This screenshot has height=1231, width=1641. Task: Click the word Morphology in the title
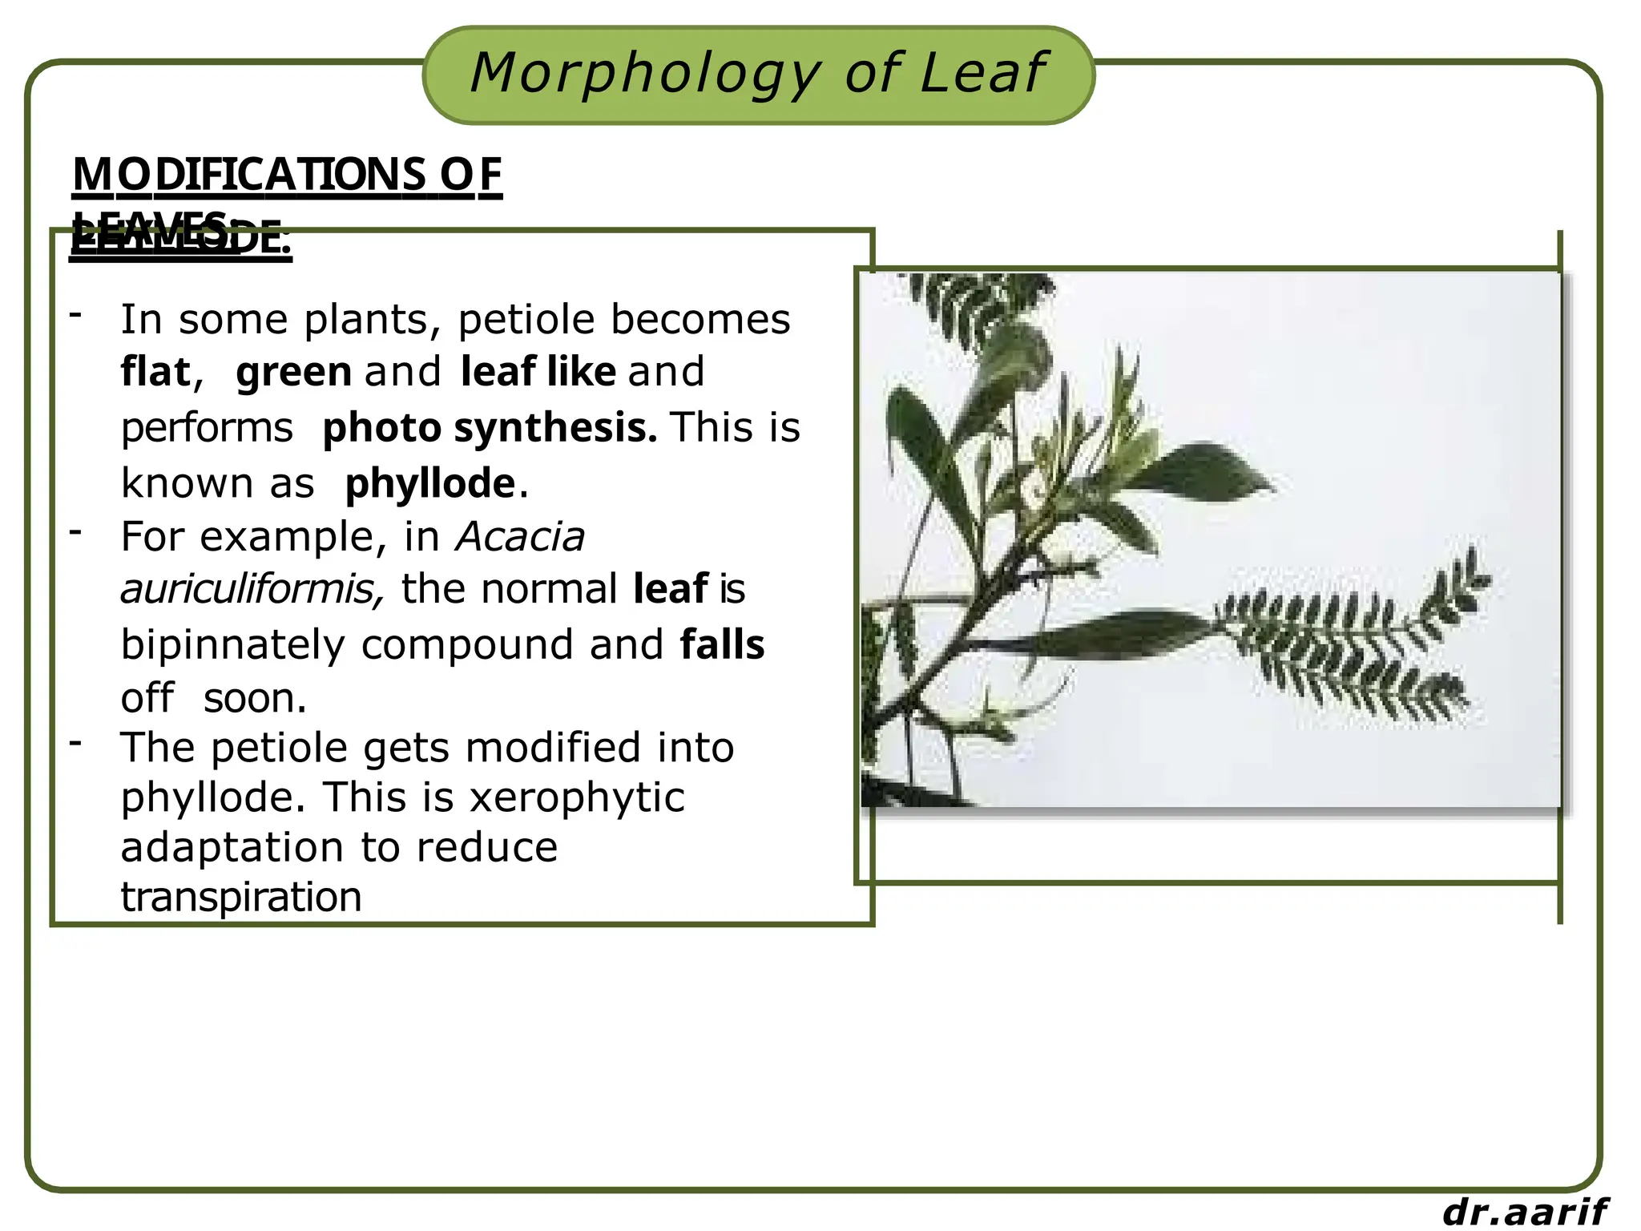[645, 74]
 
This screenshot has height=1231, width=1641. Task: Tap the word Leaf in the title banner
[983, 74]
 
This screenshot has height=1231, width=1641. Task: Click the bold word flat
[156, 372]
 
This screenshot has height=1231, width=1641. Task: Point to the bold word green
[294, 373]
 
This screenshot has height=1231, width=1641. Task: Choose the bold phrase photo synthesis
[490, 427]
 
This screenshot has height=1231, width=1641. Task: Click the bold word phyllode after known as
[430, 483]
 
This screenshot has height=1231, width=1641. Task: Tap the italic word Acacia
[520, 536]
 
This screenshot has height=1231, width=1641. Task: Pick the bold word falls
[722, 644]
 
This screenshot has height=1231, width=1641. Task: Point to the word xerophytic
[577, 797]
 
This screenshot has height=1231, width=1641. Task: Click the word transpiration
[241, 897]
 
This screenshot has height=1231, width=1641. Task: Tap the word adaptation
[233, 848]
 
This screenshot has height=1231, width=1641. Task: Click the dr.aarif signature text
[1525, 1212]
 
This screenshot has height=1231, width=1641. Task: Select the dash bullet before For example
[76, 531]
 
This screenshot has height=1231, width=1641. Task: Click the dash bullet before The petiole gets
[76, 743]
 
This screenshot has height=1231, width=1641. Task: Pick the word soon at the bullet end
[254, 698]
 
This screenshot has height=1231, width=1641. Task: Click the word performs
[207, 428]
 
